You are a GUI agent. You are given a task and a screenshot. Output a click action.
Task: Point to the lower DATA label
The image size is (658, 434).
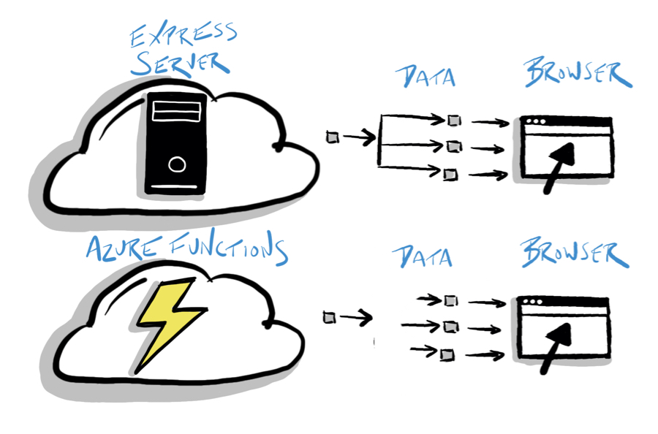point(422,256)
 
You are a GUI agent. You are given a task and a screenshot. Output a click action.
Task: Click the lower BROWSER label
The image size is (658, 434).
point(575,253)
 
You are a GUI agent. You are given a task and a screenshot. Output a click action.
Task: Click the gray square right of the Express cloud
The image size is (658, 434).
point(333,137)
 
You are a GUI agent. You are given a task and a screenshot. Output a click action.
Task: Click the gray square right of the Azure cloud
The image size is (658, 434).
point(330,316)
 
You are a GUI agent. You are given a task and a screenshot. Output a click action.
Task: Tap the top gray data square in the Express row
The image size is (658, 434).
point(454,120)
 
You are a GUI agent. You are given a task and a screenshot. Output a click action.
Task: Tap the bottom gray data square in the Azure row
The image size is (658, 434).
point(447,354)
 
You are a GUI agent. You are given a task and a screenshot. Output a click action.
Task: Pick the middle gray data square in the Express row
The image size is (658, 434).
point(454,147)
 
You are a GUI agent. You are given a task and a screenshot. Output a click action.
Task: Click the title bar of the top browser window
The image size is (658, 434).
point(566,122)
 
